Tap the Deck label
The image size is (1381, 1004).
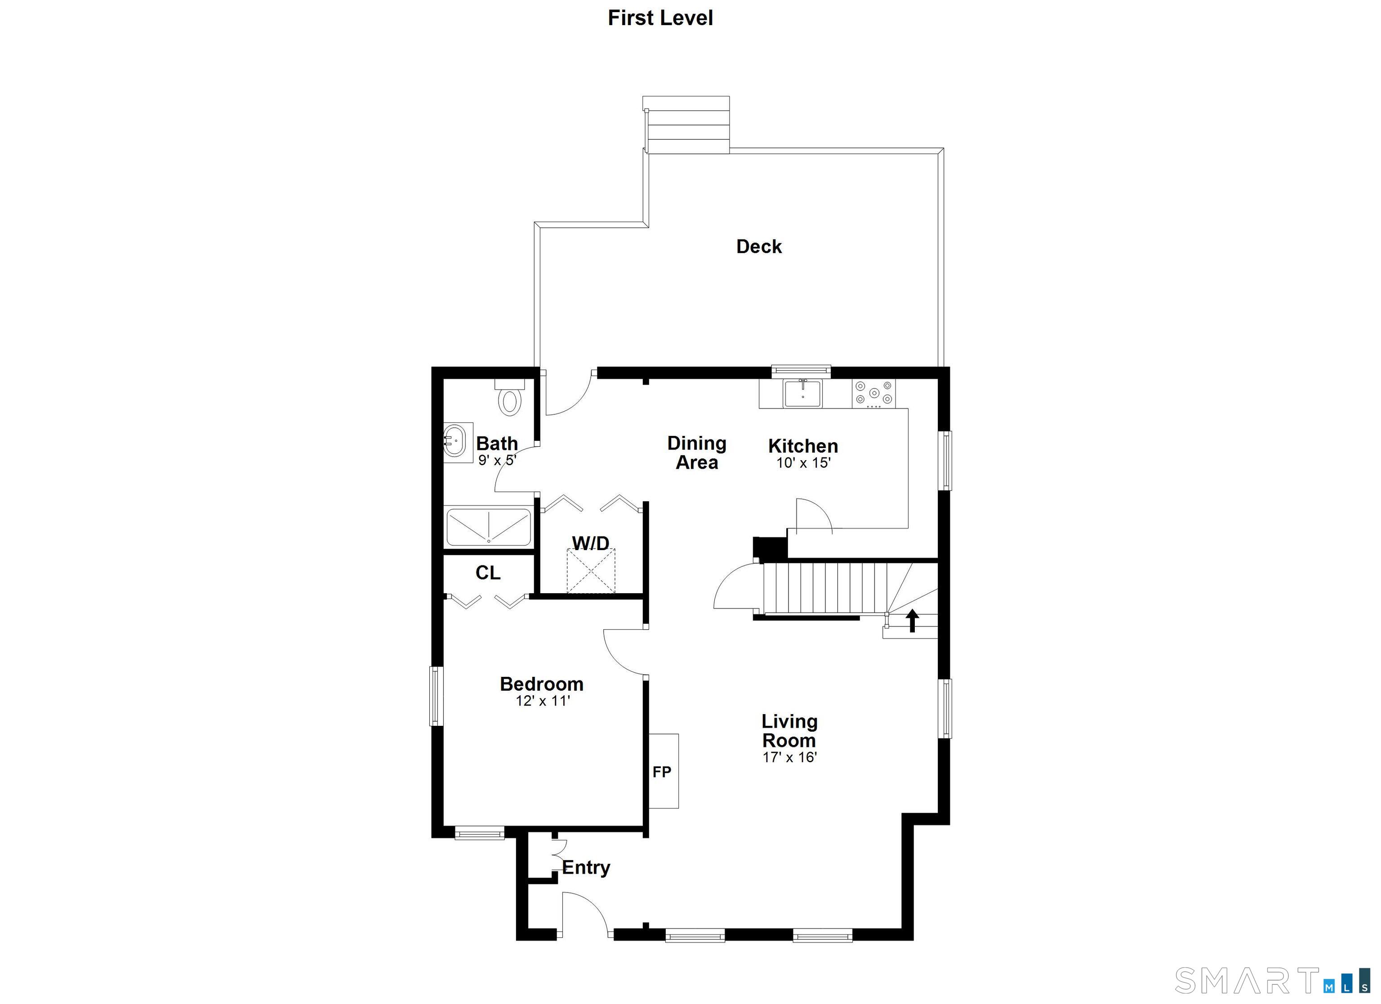(759, 247)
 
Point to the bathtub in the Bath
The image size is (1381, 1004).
(489, 527)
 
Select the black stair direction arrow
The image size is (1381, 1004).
(912, 621)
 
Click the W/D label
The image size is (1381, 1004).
(591, 543)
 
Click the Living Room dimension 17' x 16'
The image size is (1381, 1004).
(789, 757)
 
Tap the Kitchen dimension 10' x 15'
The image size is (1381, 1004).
(803, 463)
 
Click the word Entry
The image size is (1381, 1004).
(586, 868)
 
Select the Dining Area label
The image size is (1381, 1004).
(697, 453)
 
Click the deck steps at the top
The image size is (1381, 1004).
(686, 125)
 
